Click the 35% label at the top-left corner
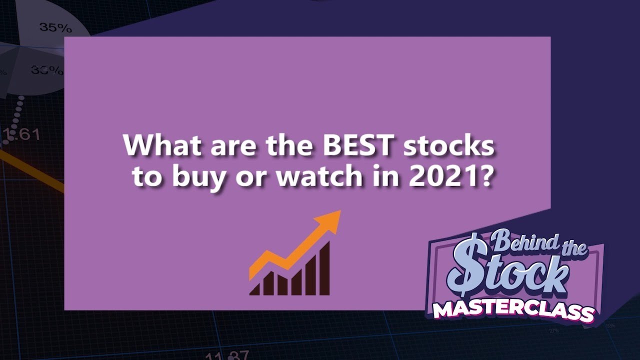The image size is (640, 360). pyautogui.click(x=52, y=27)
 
